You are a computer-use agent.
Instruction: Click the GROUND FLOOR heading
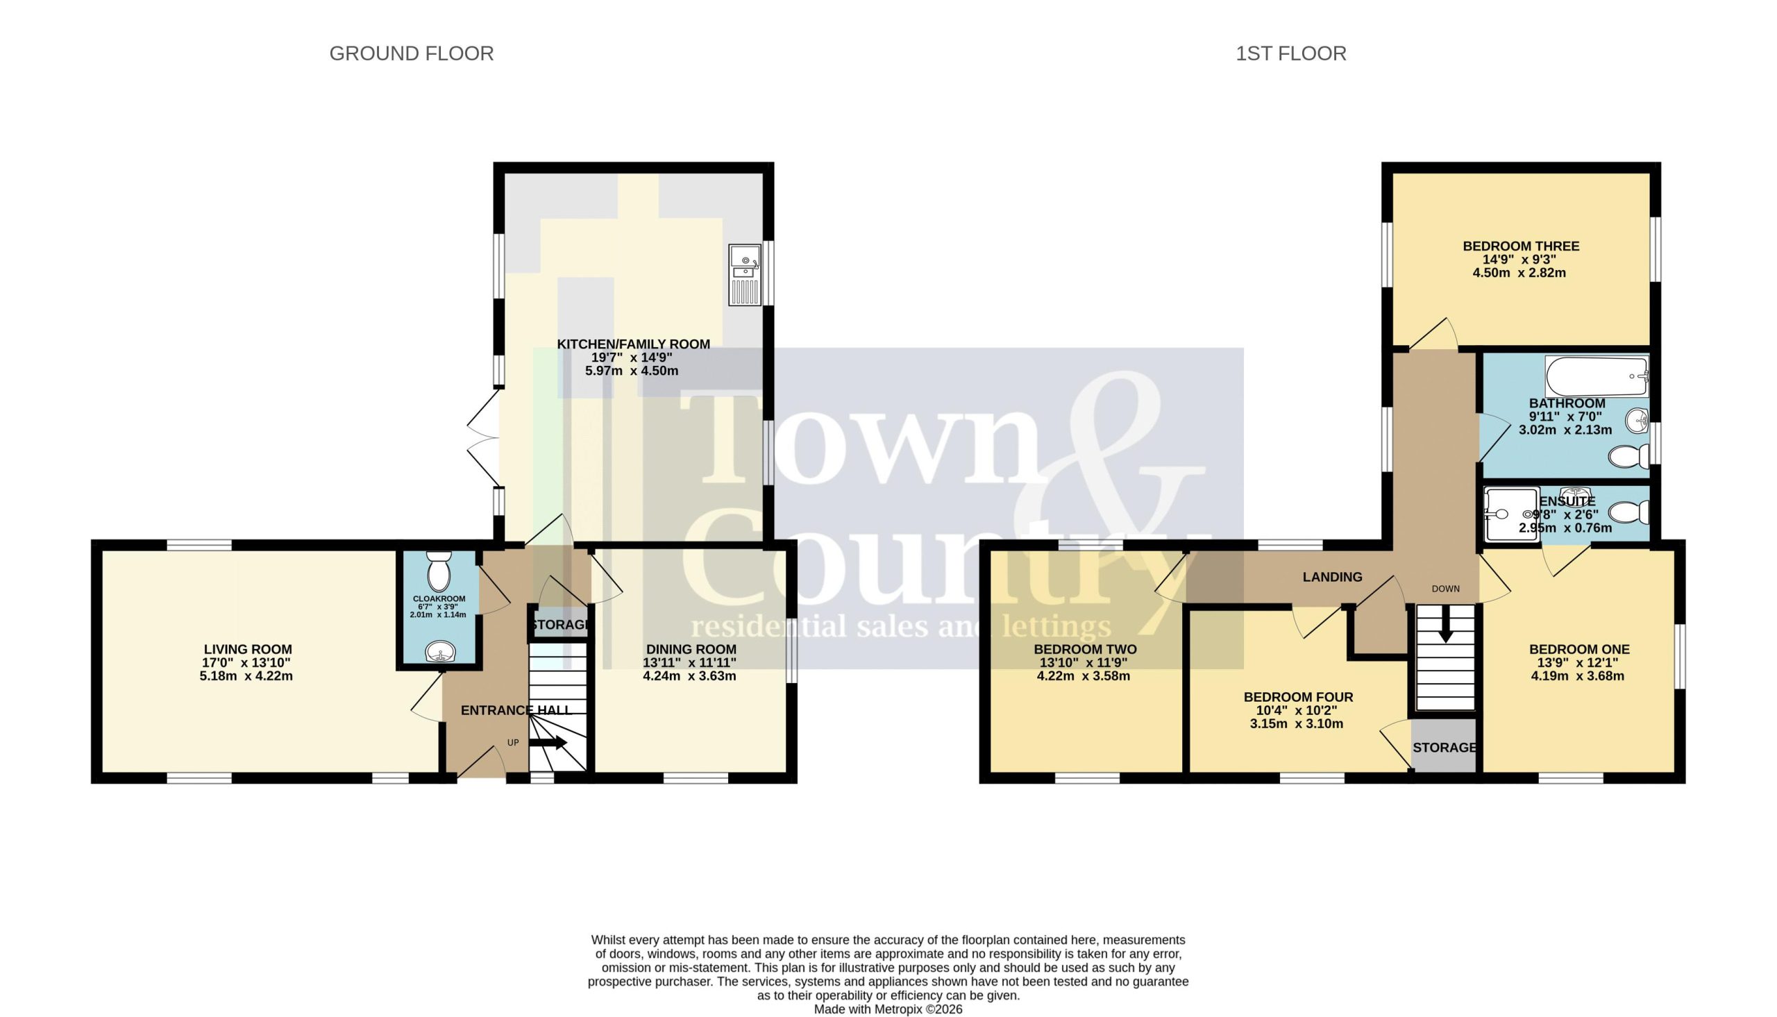[411, 53]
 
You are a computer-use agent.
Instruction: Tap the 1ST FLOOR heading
[1291, 53]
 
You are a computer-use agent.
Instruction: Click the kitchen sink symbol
[745, 274]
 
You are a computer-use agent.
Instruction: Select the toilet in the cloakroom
[439, 571]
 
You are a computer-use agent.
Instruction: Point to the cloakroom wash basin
[440, 651]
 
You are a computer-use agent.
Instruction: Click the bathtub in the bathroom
[1597, 376]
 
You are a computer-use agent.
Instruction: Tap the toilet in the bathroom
[1628, 457]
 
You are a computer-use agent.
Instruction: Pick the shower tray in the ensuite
[1512, 514]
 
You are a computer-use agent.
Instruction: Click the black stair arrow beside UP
[548, 743]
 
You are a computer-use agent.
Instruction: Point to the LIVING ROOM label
[248, 650]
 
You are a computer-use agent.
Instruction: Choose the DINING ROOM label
[691, 650]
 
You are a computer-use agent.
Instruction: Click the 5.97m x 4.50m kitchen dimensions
[632, 371]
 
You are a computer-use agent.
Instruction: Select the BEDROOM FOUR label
[1298, 697]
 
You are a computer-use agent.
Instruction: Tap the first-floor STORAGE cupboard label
[1445, 748]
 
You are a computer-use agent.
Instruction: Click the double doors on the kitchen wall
[483, 438]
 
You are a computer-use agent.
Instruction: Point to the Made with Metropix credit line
[888, 1009]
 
